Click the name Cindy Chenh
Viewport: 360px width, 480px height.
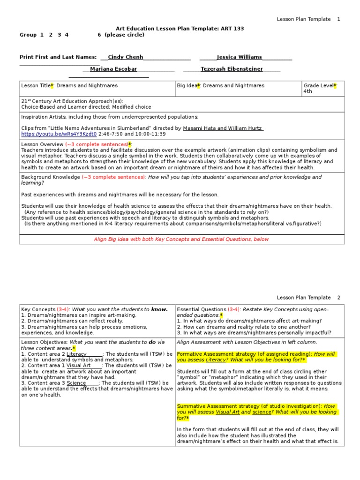(x=125, y=57)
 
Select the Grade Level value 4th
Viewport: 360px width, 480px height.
(x=307, y=91)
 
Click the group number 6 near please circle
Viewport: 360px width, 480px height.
(x=99, y=35)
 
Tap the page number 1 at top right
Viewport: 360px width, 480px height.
(x=338, y=19)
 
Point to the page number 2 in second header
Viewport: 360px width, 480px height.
(x=338, y=298)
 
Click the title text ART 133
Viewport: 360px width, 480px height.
(x=233, y=29)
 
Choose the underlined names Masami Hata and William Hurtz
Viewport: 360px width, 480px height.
(x=223, y=128)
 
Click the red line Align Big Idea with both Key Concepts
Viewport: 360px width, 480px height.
(x=181, y=239)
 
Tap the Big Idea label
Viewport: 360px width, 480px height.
(x=187, y=86)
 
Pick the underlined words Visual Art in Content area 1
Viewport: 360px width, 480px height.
(x=78, y=365)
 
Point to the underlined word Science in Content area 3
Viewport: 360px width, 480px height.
(x=76, y=383)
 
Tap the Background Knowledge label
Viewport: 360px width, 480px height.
(x=51, y=177)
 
